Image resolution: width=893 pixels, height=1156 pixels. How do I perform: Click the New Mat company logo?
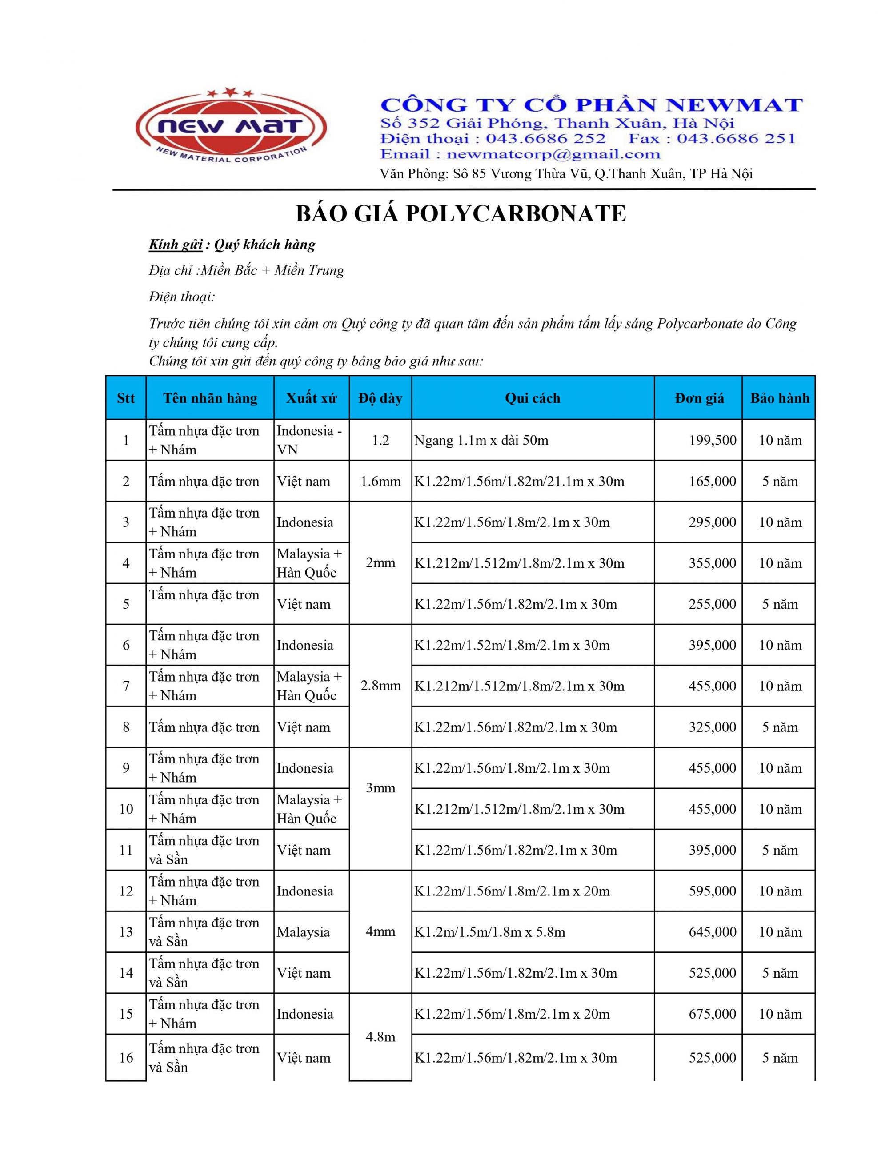tap(231, 128)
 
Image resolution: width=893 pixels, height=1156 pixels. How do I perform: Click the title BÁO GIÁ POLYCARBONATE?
tap(460, 214)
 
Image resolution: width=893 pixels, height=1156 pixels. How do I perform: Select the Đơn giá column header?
tap(699, 398)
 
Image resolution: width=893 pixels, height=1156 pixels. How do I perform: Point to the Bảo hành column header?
tap(779, 398)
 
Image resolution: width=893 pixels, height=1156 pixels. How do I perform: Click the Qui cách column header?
tap(532, 398)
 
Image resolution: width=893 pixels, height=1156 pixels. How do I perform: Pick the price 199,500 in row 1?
tap(712, 440)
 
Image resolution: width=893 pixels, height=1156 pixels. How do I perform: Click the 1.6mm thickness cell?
tap(380, 481)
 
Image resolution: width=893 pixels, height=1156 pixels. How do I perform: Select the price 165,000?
tap(712, 481)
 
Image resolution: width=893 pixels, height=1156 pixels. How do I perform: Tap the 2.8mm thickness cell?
tap(380, 686)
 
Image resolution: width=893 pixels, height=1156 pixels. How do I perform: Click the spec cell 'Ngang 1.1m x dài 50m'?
tap(481, 440)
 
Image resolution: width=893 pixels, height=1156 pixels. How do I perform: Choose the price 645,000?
tap(712, 932)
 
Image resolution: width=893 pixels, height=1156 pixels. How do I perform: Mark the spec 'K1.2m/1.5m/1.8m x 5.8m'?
tap(489, 932)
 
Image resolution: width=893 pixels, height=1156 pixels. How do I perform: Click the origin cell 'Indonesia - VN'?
tap(309, 440)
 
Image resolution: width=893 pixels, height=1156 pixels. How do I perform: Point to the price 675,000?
tap(712, 1014)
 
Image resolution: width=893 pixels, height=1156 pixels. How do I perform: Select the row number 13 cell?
tap(126, 932)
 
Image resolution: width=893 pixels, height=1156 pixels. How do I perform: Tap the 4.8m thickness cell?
tap(380, 1037)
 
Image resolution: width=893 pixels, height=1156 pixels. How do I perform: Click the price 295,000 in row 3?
tap(712, 522)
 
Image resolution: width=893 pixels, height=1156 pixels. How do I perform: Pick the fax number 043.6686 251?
tap(736, 139)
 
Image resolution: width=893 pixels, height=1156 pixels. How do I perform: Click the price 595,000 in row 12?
tap(712, 891)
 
